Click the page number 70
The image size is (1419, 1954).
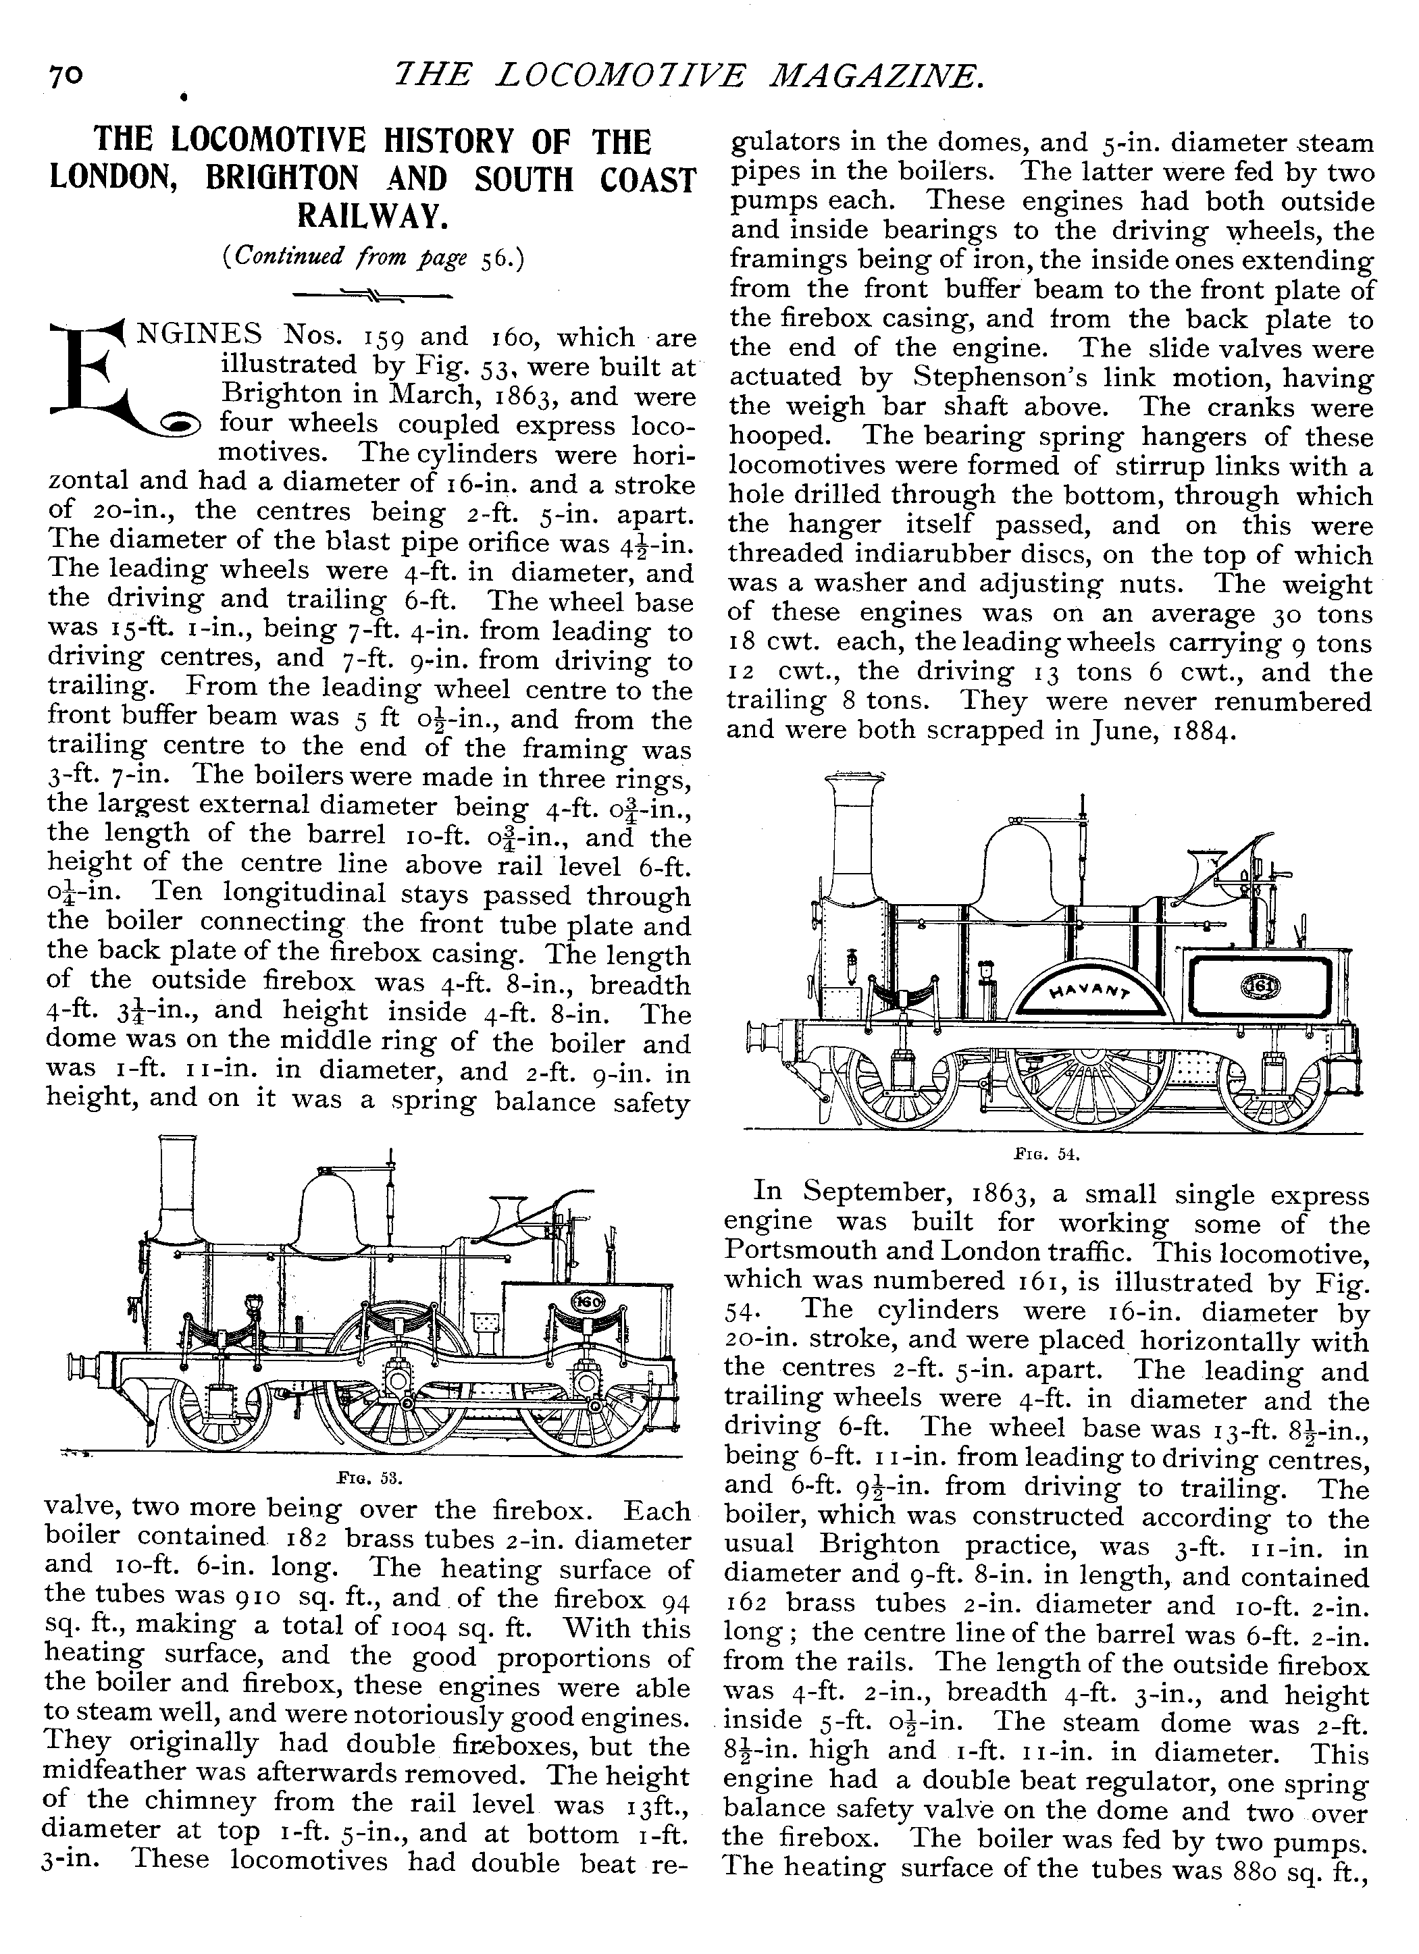pos(65,77)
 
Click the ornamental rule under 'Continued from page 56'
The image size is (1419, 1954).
pos(372,296)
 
